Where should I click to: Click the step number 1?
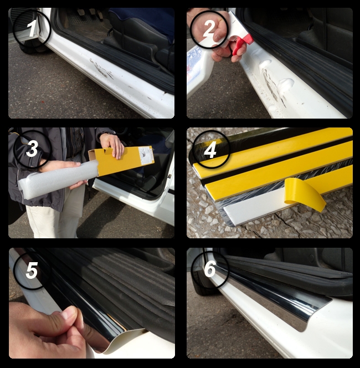coord(31,29)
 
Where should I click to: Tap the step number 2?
coord(208,28)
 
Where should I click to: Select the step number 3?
coord(32,149)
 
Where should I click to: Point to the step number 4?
coord(210,150)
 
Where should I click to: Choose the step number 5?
coord(32,270)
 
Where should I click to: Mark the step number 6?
coord(210,269)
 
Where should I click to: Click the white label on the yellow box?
coord(146,155)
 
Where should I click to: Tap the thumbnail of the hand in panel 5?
coord(70,313)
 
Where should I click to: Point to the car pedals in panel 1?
coord(89,14)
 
